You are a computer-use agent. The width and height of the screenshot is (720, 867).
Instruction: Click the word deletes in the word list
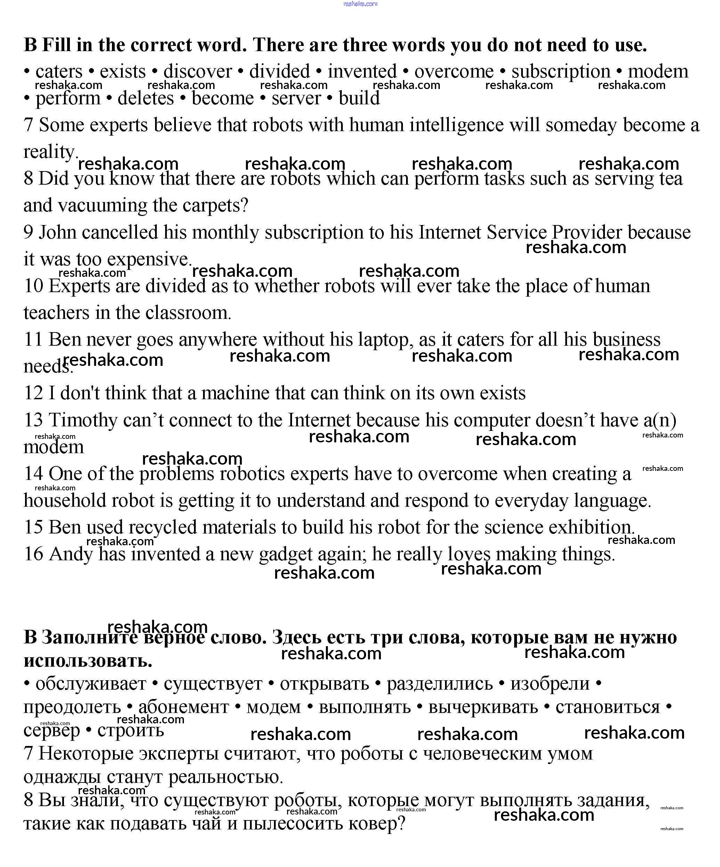point(146,98)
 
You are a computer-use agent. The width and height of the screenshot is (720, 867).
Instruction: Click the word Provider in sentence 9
point(586,232)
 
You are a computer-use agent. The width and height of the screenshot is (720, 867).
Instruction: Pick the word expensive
point(149,259)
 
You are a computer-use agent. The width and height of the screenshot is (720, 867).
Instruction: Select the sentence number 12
point(33,393)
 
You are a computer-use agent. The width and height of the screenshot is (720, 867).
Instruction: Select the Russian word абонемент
point(183,707)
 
